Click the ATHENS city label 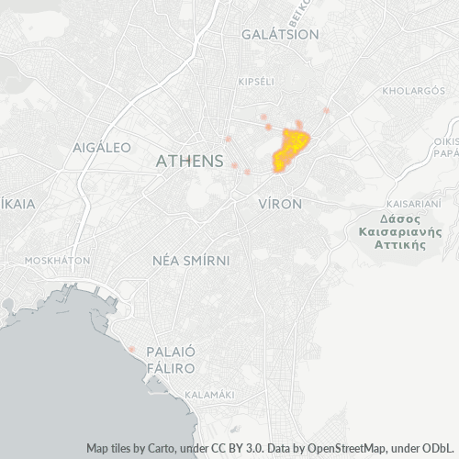point(190,161)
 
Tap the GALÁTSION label point(280,34)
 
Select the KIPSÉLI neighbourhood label point(256,82)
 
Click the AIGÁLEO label point(101,147)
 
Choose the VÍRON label point(280,203)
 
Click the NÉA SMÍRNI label point(190,261)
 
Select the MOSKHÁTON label point(58,261)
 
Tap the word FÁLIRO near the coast point(170,368)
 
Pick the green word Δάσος point(399,220)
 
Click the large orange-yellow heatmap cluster point(291,150)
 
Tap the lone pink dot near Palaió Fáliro point(132,349)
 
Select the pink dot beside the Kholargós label point(326,111)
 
